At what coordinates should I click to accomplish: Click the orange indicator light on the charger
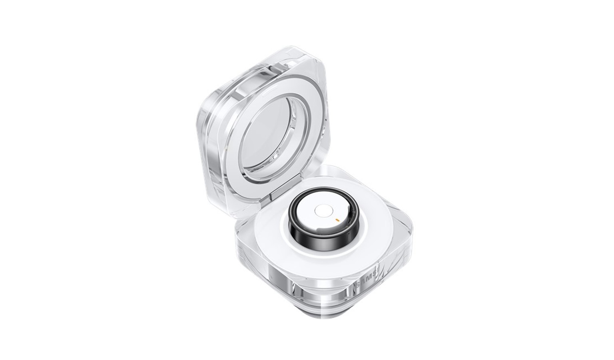337,219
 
